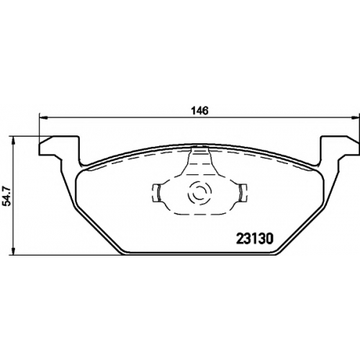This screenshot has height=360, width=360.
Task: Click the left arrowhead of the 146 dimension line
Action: point(42,117)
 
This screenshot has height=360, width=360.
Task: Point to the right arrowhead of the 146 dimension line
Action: point(356,117)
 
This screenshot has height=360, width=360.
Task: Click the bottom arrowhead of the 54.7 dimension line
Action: point(14,251)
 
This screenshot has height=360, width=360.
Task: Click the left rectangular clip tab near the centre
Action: point(156,193)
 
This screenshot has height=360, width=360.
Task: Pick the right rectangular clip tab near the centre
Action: point(242,193)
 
